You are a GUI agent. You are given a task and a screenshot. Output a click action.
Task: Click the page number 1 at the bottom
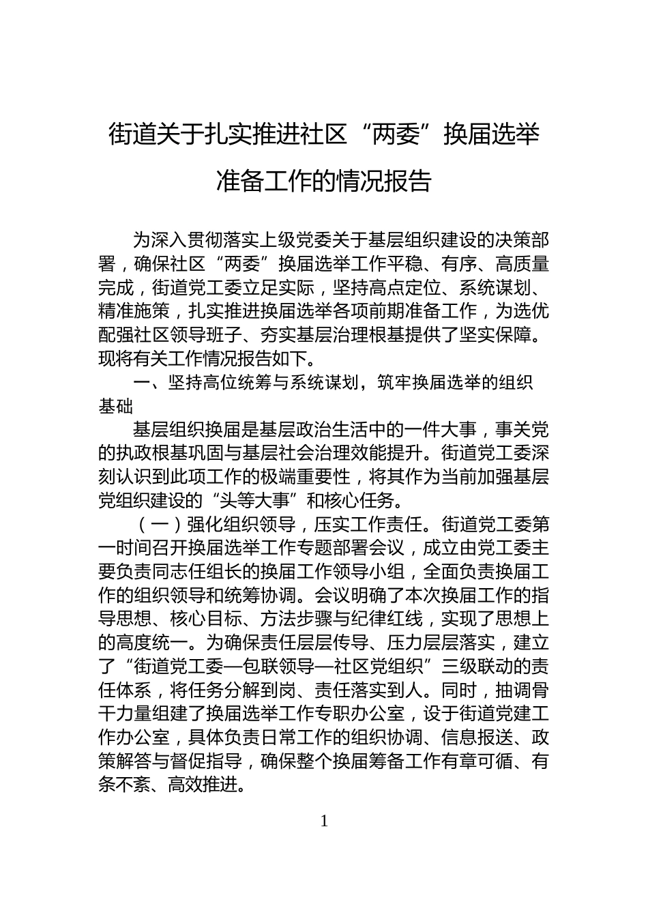click(x=324, y=821)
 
